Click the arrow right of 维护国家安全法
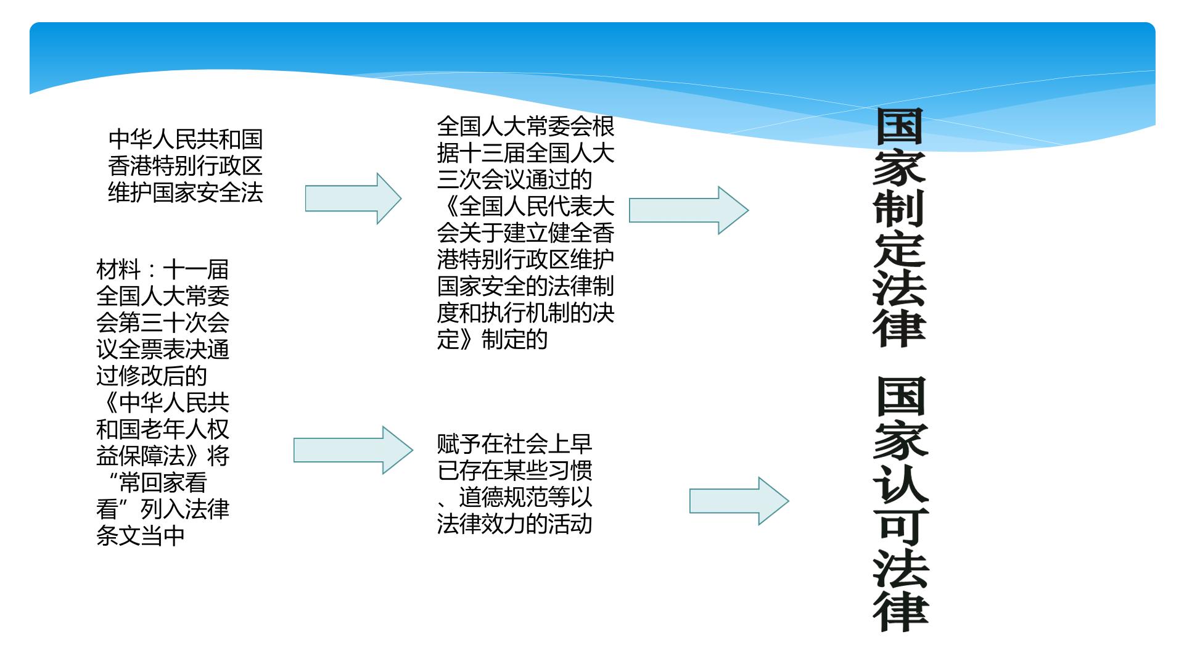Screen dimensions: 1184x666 pos(353,199)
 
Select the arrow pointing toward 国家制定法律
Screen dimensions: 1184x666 pos(689,210)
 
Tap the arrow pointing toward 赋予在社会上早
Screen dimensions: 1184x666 pos(353,450)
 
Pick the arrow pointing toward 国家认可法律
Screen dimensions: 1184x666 pos(739,501)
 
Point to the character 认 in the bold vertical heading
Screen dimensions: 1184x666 pos(901,478)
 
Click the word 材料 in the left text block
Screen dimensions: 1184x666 pos(118,269)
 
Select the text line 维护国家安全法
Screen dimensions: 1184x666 pos(186,192)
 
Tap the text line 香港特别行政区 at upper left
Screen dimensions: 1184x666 pos(186,166)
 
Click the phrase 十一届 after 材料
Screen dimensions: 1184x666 pos(196,269)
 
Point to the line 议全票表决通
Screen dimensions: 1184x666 pos(163,349)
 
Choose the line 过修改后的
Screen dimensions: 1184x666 pos(152,376)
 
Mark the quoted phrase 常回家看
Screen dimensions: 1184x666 pos(163,482)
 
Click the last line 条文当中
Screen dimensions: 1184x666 pos(141,535)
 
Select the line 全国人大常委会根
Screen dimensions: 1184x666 pos(526,126)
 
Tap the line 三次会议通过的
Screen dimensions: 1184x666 pos(515,179)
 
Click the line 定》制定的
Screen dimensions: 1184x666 pos(493,339)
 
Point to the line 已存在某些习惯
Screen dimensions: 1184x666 pos(515,471)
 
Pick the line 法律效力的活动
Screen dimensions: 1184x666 pos(515,524)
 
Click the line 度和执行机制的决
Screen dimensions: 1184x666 pos(526,313)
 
